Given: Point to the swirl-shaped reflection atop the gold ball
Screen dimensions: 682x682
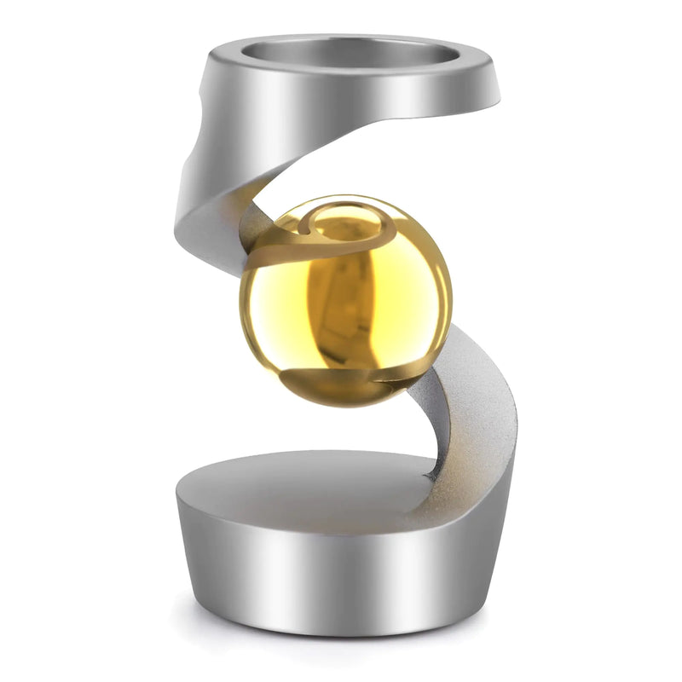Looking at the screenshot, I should coord(337,226).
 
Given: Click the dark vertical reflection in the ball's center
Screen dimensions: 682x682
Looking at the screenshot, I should coord(341,298).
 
